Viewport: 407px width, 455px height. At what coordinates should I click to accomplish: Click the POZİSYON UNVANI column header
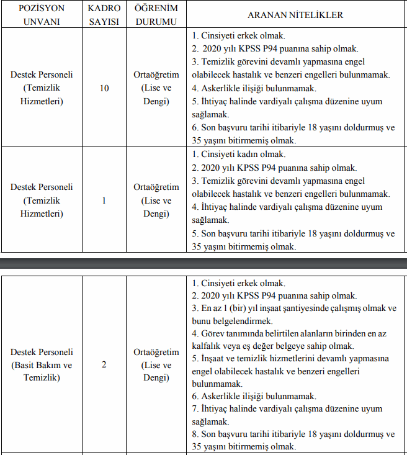tap(42, 16)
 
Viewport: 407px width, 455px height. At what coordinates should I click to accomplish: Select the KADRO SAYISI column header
tap(104, 16)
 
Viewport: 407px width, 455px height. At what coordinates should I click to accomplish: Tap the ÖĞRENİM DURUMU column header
tap(156, 16)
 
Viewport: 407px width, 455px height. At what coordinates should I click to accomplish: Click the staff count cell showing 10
tap(104, 88)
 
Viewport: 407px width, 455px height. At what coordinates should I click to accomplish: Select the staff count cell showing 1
tap(104, 200)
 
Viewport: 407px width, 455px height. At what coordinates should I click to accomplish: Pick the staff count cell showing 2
tap(104, 364)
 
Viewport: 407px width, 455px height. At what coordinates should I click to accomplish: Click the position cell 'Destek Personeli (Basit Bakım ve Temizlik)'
tap(42, 364)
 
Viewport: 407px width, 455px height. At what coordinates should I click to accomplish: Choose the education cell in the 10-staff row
tap(156, 88)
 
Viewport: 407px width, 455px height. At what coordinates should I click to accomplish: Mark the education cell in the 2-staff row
tap(156, 364)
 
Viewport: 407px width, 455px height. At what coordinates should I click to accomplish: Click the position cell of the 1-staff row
tap(42, 200)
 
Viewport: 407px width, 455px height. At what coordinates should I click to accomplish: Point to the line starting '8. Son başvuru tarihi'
tap(293, 434)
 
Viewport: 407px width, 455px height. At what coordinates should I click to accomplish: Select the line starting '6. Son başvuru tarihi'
tap(293, 128)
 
